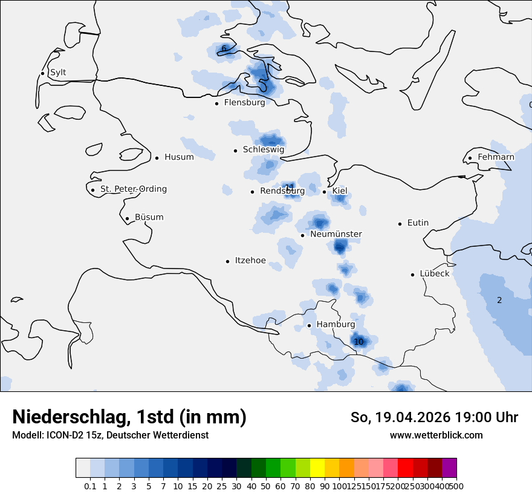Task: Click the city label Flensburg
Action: pyautogui.click(x=244, y=103)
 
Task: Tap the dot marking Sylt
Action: pyautogui.click(x=42, y=73)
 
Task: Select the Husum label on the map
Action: pyautogui.click(x=179, y=157)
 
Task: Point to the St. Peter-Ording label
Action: pyautogui.click(x=133, y=189)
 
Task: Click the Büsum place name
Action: pyautogui.click(x=149, y=218)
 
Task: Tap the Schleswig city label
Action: pyautogui.click(x=263, y=150)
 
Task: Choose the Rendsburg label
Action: pyautogui.click(x=282, y=191)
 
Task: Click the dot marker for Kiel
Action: pyautogui.click(x=325, y=192)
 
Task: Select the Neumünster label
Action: pyautogui.click(x=336, y=234)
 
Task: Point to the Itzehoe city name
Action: pyautogui.click(x=250, y=261)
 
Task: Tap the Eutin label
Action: pyautogui.click(x=418, y=223)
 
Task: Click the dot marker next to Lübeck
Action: pyautogui.click(x=413, y=274)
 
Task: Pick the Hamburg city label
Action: pyautogui.click(x=336, y=325)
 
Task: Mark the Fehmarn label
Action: pyautogui.click(x=496, y=157)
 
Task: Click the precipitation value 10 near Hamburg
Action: pyautogui.click(x=358, y=342)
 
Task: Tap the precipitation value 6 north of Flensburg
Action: pyautogui.click(x=224, y=48)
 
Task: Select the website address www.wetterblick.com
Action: pyautogui.click(x=436, y=435)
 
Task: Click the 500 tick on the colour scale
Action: pyautogui.click(x=456, y=486)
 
